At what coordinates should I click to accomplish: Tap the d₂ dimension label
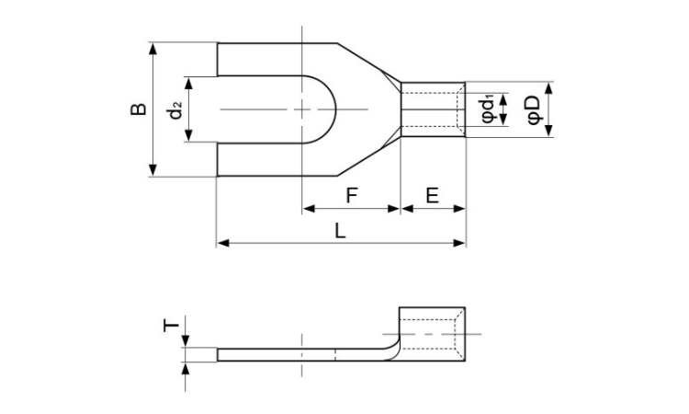pyautogui.click(x=175, y=110)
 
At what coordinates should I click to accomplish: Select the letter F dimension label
pyautogui.click(x=351, y=195)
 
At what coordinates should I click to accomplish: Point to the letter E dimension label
pyautogui.click(x=433, y=195)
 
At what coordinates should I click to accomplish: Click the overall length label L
pyautogui.click(x=341, y=232)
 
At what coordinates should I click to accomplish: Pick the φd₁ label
pyautogui.click(x=489, y=109)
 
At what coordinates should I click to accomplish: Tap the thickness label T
pyautogui.click(x=169, y=326)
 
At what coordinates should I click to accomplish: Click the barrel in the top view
pyautogui.click(x=433, y=109)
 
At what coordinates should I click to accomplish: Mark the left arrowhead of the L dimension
pyautogui.click(x=221, y=243)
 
